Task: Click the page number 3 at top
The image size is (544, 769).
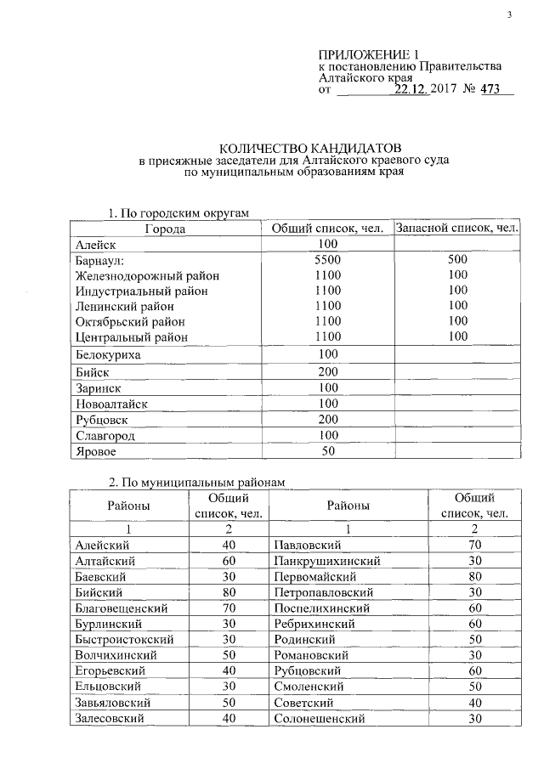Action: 508,14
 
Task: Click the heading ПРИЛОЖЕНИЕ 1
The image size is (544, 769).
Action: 369,54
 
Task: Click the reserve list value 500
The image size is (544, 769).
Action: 458,260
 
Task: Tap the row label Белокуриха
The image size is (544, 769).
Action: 108,354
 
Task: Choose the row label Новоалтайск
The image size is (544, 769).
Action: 111,404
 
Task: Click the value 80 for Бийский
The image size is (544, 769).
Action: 229,591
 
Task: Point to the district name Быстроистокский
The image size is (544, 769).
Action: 124,639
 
